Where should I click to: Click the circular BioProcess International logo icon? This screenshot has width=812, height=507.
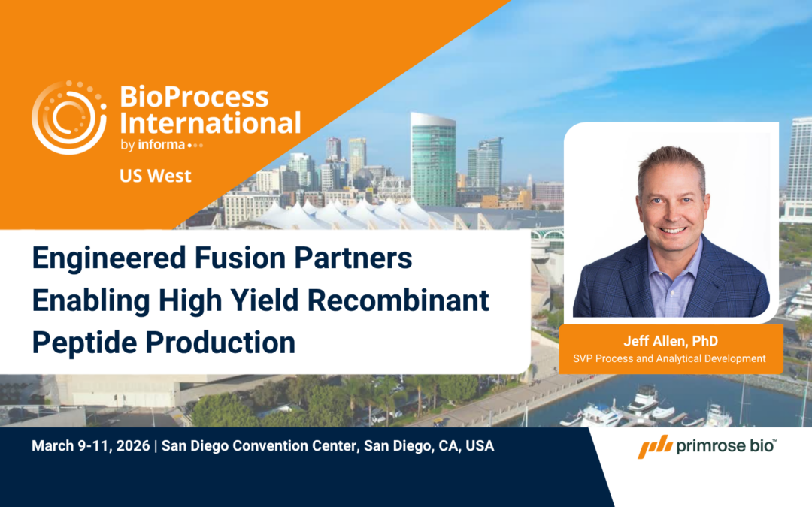click(69, 118)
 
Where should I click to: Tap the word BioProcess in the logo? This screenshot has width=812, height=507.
click(194, 97)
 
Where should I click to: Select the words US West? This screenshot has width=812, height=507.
click(155, 176)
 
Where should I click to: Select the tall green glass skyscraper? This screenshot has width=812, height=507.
click(433, 161)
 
